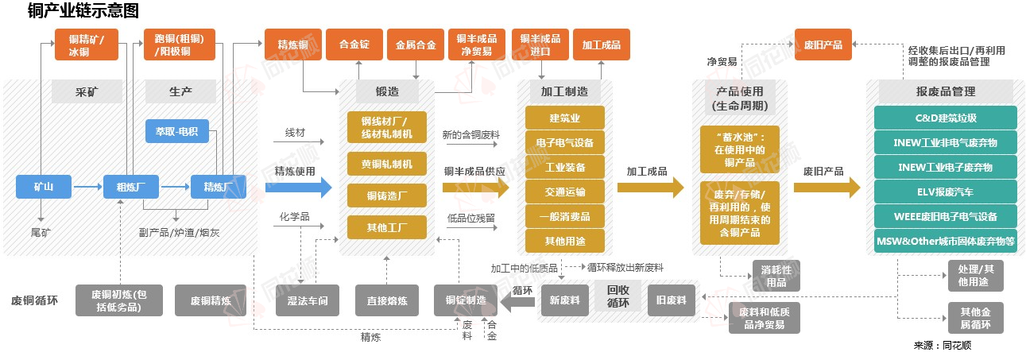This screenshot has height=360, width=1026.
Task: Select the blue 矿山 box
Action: tap(43, 188)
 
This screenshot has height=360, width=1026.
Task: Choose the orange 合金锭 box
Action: tap(354, 45)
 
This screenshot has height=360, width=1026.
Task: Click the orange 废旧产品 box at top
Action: tap(823, 45)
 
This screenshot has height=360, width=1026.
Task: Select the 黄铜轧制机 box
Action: tap(386, 165)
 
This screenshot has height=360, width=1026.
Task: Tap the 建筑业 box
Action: tap(564, 118)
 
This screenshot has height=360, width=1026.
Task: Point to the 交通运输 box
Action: tap(564, 192)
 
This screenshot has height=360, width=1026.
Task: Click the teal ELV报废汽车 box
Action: tap(945, 192)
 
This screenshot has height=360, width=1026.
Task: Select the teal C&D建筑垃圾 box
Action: tap(945, 118)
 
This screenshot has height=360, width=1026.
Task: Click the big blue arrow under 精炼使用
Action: tap(298, 188)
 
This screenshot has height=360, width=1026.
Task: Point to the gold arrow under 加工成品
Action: tap(650, 188)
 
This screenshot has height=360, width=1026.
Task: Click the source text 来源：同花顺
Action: tap(943, 346)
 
